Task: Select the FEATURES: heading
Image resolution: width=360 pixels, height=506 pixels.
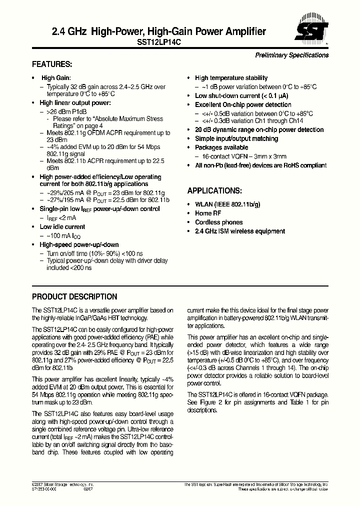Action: (x=52, y=64)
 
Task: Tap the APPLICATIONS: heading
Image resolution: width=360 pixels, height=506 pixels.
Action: (x=214, y=191)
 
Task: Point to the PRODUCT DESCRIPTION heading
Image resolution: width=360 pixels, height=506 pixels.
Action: (x=74, y=296)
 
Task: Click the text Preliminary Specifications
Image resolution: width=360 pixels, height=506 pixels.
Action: (x=292, y=55)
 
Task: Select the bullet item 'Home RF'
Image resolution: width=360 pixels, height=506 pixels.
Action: (x=207, y=213)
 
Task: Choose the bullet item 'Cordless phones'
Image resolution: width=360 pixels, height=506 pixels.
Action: (x=218, y=222)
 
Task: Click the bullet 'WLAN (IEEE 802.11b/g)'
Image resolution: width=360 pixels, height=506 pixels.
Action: (x=227, y=204)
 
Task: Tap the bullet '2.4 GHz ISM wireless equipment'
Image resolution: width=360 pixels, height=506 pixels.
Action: (x=240, y=231)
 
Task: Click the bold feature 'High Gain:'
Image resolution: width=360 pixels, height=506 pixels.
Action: (x=56, y=78)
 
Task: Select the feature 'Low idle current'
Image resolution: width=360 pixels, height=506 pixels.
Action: (x=62, y=227)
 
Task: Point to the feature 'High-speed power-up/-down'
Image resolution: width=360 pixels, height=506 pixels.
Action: (x=79, y=244)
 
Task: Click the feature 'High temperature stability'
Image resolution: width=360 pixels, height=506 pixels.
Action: (x=231, y=78)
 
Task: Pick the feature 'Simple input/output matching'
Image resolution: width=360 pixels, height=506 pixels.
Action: (x=236, y=139)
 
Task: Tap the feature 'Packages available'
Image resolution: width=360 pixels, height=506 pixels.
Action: (x=221, y=148)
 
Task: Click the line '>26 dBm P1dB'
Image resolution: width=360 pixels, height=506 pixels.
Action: (x=66, y=111)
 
